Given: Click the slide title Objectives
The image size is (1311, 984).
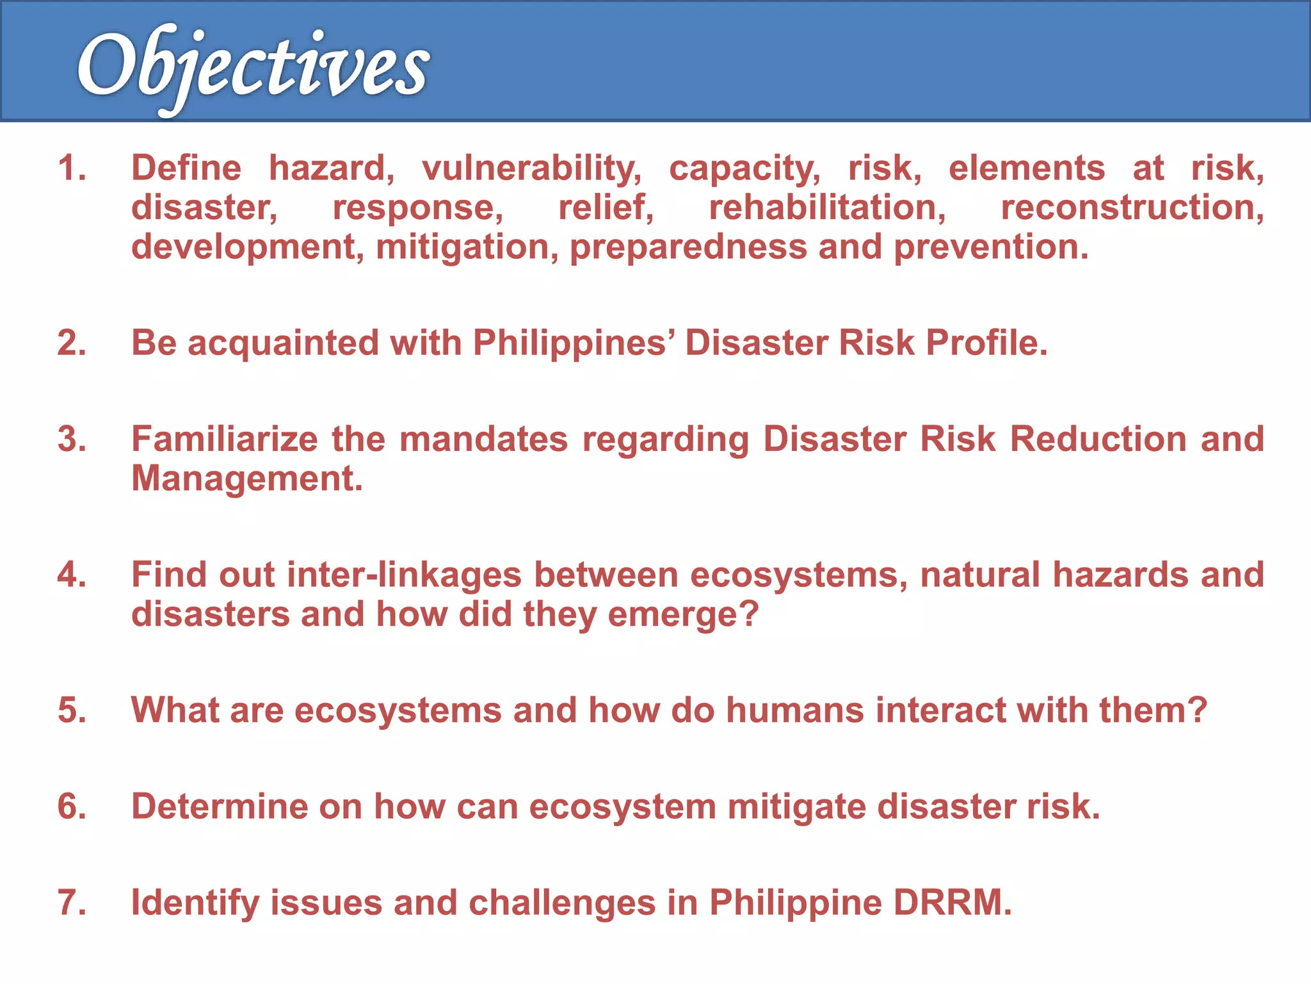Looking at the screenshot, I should pyautogui.click(x=253, y=67).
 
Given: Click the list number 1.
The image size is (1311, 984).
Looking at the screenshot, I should pyautogui.click(x=71, y=168).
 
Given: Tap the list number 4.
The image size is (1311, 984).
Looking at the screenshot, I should pyautogui.click(x=71, y=575).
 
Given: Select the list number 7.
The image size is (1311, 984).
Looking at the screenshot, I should pyautogui.click(x=71, y=903).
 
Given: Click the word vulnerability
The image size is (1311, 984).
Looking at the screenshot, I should pyautogui.click(x=531, y=168).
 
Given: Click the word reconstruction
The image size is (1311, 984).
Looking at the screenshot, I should pyautogui.click(x=1132, y=208).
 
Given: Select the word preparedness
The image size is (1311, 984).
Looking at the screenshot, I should pyautogui.click(x=688, y=247).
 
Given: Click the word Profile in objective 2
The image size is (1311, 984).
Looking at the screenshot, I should pyautogui.click(x=986, y=343).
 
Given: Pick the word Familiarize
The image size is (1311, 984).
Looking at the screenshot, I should pyautogui.click(x=224, y=439).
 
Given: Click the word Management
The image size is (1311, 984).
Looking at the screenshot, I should pyautogui.click(x=246, y=479).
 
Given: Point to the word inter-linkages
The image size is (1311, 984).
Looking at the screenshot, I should pyautogui.click(x=404, y=575).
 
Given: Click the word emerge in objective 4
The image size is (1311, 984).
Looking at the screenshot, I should pyautogui.click(x=682, y=614).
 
